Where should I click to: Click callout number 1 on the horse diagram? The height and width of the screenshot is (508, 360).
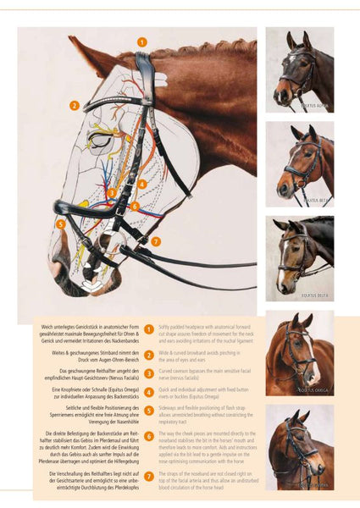[x=141, y=41]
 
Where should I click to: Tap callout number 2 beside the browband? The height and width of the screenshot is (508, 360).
[x=75, y=106]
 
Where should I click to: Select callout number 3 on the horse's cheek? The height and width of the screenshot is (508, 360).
[x=112, y=193]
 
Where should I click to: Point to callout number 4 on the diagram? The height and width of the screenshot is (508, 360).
[x=141, y=183]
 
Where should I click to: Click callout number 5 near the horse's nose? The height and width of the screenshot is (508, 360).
[x=60, y=224]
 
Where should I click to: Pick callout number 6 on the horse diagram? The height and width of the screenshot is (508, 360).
[x=135, y=206]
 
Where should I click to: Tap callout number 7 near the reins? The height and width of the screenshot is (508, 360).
[x=156, y=241]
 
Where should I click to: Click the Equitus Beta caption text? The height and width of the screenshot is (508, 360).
[x=318, y=201]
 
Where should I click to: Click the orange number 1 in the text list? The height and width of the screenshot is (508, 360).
[x=148, y=329]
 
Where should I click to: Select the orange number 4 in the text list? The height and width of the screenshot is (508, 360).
[x=148, y=391]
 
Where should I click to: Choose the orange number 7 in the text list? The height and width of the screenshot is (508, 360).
[x=148, y=477]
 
